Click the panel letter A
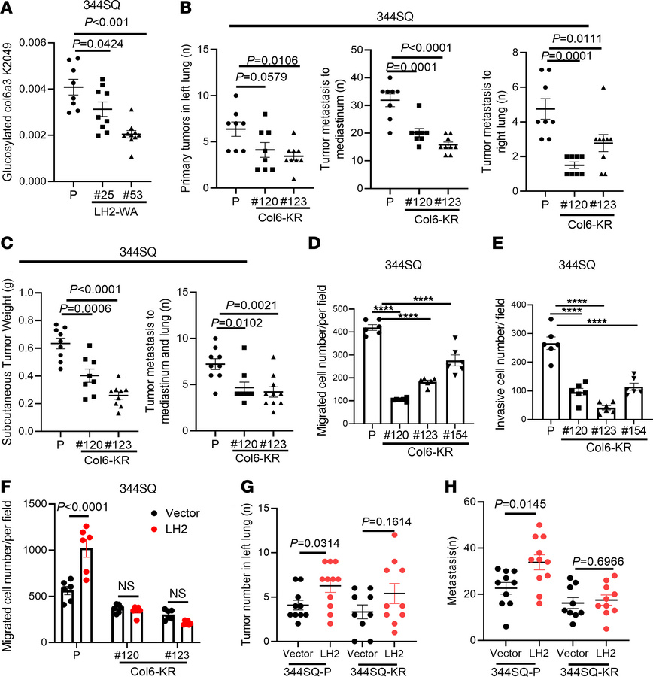coord(8,9)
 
